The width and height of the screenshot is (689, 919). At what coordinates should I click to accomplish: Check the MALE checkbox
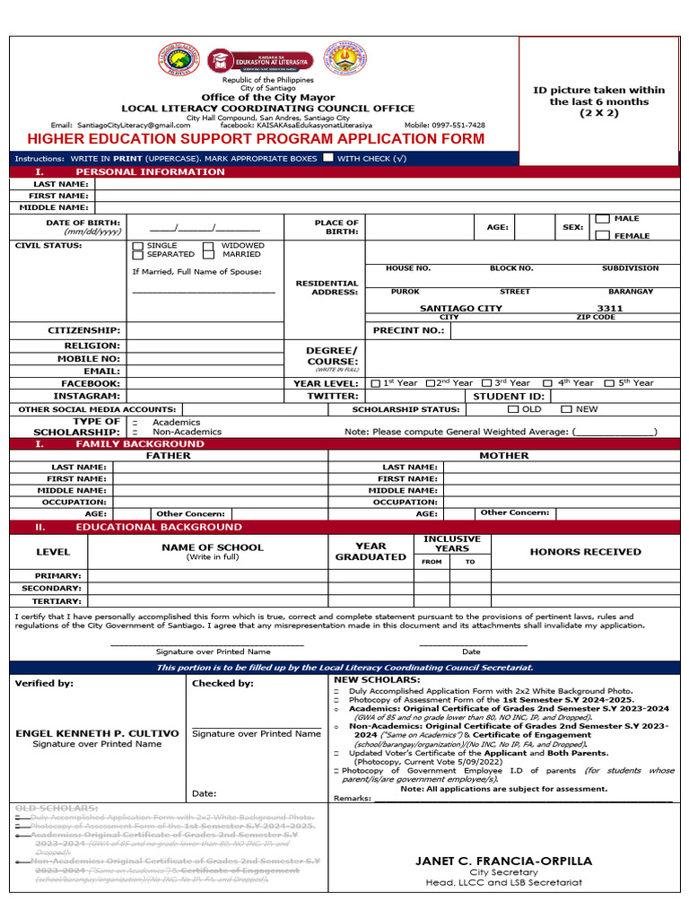603,219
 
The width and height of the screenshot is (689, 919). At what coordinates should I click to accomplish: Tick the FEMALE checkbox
603,235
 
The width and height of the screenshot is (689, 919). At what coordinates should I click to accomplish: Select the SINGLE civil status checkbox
137,245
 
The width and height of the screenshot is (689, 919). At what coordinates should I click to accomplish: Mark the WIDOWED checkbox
208,245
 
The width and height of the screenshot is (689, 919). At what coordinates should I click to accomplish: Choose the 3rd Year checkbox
487,383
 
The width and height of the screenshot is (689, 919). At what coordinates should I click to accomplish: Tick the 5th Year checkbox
611,383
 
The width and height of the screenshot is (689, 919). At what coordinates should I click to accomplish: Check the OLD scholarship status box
512,409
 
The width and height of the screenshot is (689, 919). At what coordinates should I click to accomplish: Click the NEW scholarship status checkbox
566,409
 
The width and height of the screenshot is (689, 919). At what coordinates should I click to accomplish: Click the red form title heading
256,139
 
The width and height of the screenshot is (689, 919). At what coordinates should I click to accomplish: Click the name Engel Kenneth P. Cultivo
98,733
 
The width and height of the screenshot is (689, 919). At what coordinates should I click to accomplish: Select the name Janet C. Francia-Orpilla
503,861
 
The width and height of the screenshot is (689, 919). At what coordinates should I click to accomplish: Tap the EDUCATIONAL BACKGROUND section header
158,527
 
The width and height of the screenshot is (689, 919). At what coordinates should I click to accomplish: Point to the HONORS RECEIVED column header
585,552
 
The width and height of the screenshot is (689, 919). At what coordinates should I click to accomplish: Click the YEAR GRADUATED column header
371,551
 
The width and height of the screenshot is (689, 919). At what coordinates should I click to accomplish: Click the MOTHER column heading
503,456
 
